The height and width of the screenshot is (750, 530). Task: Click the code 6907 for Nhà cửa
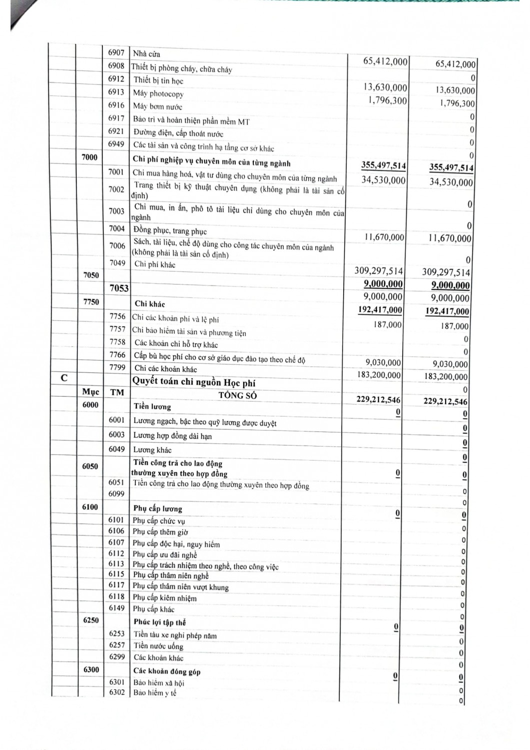tap(116, 52)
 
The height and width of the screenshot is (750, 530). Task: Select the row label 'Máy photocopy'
tap(158, 93)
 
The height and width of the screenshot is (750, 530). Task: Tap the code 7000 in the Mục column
tap(90, 157)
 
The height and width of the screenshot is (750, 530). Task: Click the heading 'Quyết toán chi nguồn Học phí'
tap(193, 382)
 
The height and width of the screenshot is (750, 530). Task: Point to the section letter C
tap(64, 378)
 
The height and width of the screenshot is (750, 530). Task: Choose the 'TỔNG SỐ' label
tap(237, 395)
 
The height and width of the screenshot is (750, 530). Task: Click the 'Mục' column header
tap(90, 392)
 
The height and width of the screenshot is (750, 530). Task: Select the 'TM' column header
tap(117, 392)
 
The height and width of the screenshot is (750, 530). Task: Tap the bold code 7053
tap(119, 288)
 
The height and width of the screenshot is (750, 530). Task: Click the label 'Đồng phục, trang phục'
tap(170, 231)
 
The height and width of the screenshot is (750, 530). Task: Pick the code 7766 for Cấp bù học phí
tap(117, 354)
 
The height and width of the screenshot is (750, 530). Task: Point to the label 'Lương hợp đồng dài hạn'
tap(172, 436)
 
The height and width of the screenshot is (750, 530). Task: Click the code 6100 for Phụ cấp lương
tap(90, 507)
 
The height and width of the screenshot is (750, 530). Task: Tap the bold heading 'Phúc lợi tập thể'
tap(159, 622)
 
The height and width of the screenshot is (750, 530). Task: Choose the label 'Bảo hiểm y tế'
tap(155, 693)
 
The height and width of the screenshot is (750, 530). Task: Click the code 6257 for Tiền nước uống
tap(116, 645)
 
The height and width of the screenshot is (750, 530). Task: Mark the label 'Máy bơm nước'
tap(157, 106)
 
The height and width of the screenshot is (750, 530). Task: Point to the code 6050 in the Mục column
tap(90, 466)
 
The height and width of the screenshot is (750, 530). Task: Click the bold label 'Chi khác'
tap(150, 304)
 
